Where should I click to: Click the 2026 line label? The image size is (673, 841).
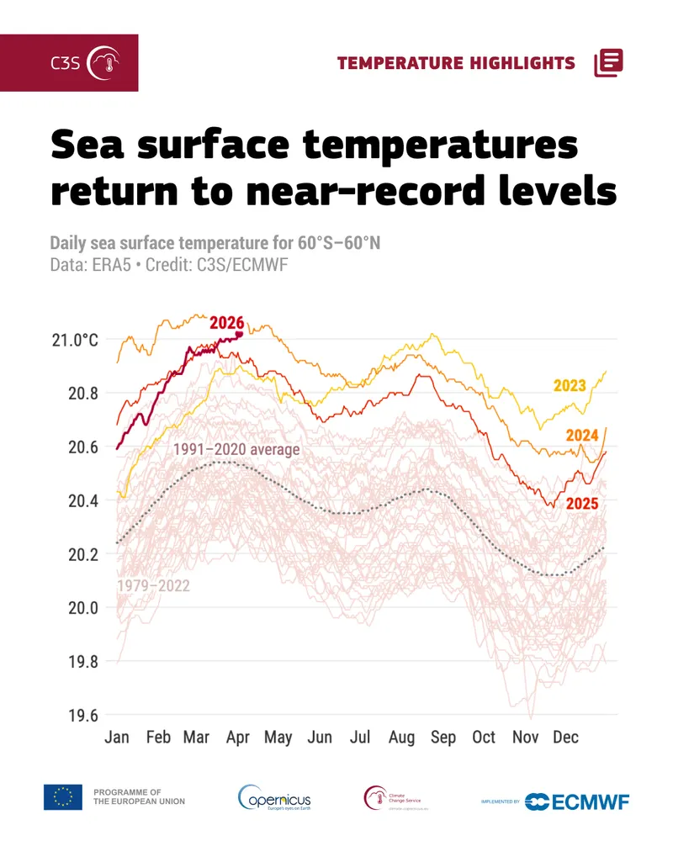click(x=227, y=323)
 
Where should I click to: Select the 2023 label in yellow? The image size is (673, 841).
click(x=570, y=386)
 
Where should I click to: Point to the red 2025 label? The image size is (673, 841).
click(x=581, y=504)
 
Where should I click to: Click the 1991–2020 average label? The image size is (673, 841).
click(x=236, y=450)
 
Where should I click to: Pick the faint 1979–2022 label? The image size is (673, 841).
click(x=153, y=585)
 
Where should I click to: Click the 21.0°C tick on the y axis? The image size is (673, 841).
click(x=75, y=341)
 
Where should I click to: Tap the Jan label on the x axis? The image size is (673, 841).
click(x=117, y=738)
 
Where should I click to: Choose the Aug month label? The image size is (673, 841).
click(x=401, y=738)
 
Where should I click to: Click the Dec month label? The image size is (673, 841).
click(x=565, y=738)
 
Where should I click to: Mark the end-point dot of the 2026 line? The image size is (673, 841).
click(x=240, y=334)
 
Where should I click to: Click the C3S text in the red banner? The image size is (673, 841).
click(x=66, y=63)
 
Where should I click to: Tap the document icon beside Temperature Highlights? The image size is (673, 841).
click(x=608, y=63)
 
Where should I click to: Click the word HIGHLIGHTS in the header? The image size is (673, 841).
click(x=522, y=63)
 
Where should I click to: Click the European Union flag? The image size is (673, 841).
click(x=63, y=797)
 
